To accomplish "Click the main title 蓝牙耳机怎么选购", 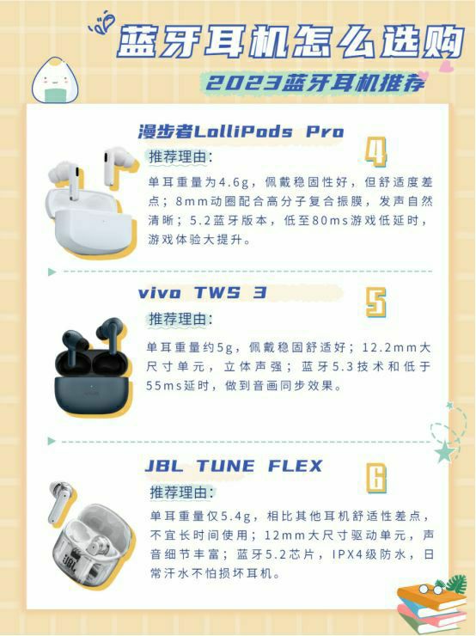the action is coord(290,40).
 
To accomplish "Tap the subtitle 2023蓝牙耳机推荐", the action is coord(315,83).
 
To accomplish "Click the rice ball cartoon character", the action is coord(56,80).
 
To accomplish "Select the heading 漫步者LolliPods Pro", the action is coord(241,131).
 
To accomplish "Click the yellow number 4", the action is coord(375,152).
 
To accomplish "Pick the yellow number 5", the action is coord(375,303).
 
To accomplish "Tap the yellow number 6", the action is coord(376,478).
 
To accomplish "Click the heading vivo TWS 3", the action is coord(202,293).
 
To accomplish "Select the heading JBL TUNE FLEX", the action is coord(234,466).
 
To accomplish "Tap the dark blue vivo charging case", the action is coord(93,382).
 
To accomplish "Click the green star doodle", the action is coord(444,451).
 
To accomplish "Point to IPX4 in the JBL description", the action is coord(346,554).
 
